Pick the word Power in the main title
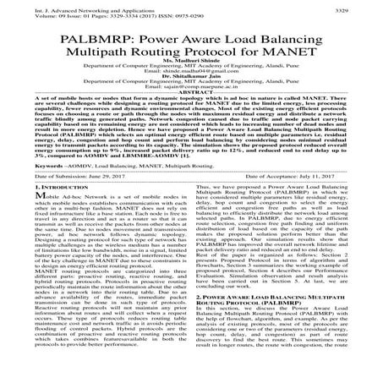click(161, 36)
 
